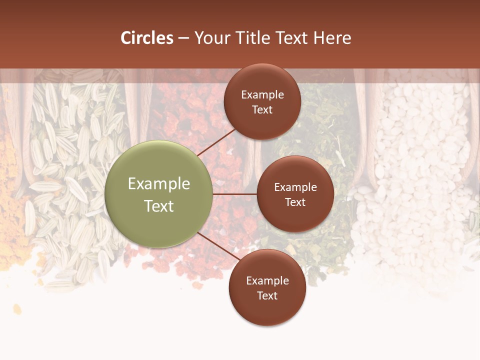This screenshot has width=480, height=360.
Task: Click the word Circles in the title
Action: pos(146,38)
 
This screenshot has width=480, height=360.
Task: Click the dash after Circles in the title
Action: pos(183,38)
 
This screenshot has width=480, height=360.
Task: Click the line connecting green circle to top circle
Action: pos(216,142)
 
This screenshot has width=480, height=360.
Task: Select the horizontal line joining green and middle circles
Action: pos(234,194)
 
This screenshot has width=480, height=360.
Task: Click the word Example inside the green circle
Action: pos(159,184)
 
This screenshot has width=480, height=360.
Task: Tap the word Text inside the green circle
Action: pos(159,206)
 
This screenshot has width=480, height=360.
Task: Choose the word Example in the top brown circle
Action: pos(262,95)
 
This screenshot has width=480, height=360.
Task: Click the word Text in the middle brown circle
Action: pos(295,202)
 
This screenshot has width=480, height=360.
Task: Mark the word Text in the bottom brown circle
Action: pos(267,295)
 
